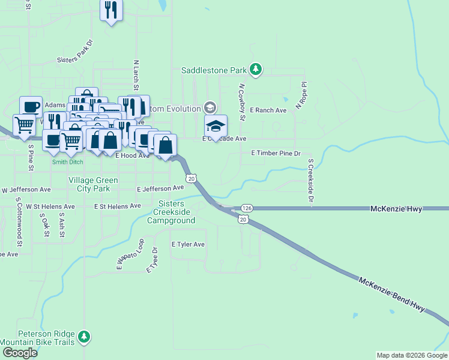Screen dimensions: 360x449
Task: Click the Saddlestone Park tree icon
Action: click(x=256, y=70)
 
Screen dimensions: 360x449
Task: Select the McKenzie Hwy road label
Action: click(x=396, y=209)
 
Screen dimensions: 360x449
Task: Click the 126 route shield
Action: click(x=246, y=208)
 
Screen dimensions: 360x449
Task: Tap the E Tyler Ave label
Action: click(x=188, y=245)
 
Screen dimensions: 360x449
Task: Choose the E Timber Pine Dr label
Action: click(x=275, y=154)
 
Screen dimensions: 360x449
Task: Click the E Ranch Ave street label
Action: click(x=268, y=110)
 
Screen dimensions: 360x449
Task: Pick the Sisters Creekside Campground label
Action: click(x=174, y=212)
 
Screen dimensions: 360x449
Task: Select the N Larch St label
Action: click(x=136, y=76)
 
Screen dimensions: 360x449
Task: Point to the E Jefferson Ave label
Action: click(x=160, y=188)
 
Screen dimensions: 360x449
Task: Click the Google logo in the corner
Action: click(x=19, y=353)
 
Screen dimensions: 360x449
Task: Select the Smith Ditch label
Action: click(x=67, y=162)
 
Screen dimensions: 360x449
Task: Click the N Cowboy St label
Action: click(x=242, y=102)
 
